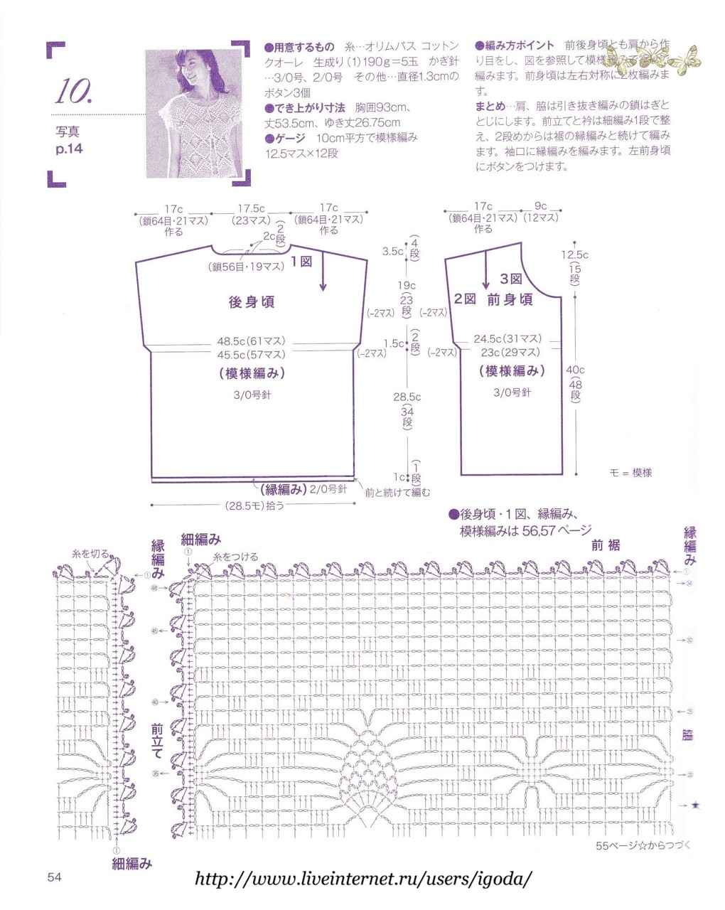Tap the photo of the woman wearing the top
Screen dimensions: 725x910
coord(197,114)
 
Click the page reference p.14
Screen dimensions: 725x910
coord(69,149)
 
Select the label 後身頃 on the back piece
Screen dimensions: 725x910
coord(251,302)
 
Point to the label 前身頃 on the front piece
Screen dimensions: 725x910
coord(510,299)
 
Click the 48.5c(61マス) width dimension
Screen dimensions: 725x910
coord(251,341)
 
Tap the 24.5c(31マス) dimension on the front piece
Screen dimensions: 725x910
coord(507,338)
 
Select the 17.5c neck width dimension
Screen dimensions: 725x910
coord(251,208)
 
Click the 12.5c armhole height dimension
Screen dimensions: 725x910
coord(575,255)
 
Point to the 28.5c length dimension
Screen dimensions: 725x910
coord(407,397)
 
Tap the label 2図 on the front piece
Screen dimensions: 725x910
coord(465,299)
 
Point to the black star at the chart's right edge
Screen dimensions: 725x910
coord(695,805)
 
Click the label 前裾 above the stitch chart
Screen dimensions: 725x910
coord(606,545)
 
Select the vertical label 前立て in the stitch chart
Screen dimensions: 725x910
coord(157,741)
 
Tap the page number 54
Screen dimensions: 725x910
coord(55,877)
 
